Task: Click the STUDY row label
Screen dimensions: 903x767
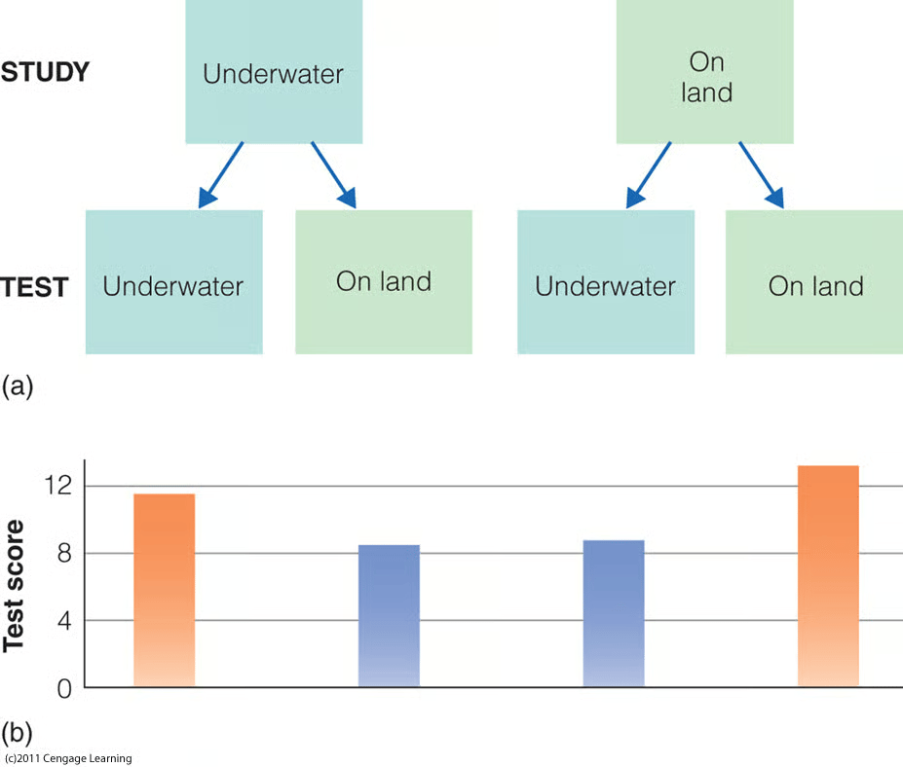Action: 45,72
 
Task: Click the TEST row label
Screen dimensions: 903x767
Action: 34,287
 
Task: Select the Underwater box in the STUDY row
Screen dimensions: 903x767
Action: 274,71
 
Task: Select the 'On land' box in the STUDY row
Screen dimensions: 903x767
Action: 705,71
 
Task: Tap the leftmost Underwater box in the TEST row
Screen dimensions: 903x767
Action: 174,282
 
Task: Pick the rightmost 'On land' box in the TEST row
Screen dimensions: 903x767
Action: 814,282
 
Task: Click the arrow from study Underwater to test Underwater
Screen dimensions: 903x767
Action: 220,175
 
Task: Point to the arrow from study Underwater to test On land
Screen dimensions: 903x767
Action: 334,175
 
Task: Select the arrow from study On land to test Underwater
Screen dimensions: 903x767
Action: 649,175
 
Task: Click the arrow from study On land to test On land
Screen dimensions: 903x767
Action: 762,175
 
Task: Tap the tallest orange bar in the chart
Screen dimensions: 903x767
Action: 828,576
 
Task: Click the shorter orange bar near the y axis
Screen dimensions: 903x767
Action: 164,590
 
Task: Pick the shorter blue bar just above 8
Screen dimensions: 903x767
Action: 389,616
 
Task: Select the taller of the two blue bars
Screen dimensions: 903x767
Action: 614,613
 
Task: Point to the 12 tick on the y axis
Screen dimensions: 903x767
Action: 58,486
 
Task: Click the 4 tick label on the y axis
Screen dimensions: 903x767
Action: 64,621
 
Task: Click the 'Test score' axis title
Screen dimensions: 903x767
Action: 14,586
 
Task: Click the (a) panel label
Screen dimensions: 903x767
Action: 18,386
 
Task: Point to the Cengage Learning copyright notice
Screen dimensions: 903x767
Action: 68,758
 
